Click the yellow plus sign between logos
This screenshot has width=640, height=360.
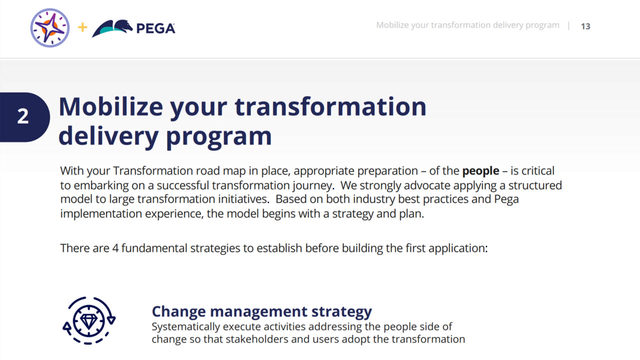point(82,27)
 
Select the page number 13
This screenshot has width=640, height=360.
point(585,26)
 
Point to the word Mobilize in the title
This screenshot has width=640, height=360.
point(110,107)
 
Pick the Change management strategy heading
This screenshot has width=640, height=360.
point(262,311)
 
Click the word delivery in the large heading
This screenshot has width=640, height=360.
point(107,134)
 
